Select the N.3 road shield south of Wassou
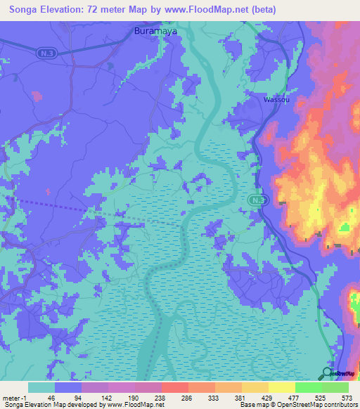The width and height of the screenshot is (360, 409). coord(257,200)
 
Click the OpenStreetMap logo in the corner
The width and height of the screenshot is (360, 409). coord(340,372)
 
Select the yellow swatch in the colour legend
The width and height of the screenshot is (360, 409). coord(281,387)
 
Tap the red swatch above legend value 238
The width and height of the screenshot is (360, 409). coord(174,387)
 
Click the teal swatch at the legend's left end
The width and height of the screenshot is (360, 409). coord(41,387)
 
